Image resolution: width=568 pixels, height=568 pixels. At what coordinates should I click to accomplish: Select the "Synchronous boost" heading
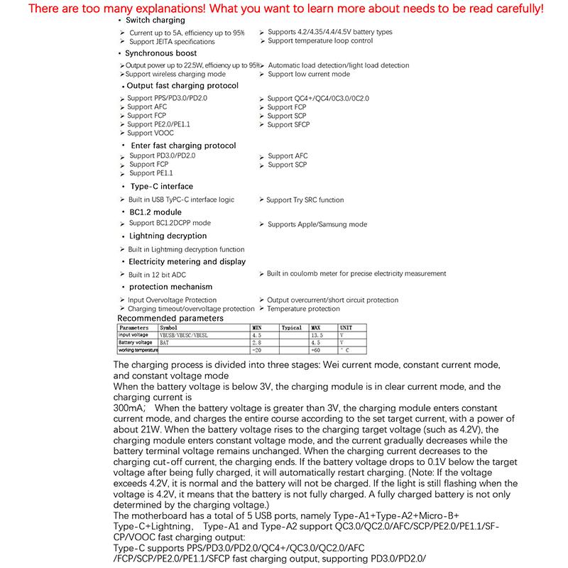tap(161, 53)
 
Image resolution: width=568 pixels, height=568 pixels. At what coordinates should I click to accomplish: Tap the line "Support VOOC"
tap(151, 133)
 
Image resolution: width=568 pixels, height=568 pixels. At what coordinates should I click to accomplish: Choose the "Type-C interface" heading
tap(161, 187)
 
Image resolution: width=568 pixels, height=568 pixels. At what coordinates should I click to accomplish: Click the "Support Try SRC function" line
tap(305, 200)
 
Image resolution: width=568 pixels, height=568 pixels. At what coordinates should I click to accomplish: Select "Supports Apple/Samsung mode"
tap(317, 224)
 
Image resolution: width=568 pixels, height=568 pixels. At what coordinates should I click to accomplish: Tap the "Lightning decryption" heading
tap(168, 236)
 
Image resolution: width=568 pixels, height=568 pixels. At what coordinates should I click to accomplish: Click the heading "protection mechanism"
tap(170, 287)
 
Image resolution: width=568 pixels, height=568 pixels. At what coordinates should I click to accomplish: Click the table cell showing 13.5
tap(317, 335)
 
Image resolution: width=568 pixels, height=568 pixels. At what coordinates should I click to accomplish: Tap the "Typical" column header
tap(292, 327)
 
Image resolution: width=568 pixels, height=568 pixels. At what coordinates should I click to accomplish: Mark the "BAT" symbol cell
tap(165, 343)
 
